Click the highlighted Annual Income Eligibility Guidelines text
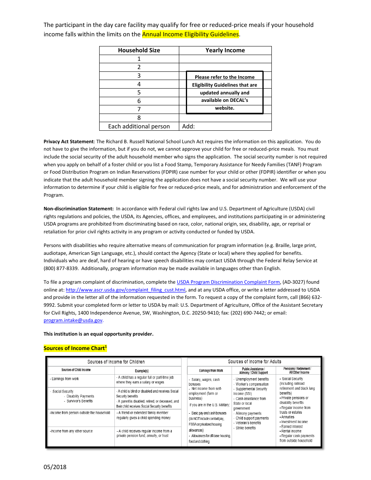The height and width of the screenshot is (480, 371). (x=190, y=34)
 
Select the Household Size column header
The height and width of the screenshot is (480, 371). (x=139, y=50)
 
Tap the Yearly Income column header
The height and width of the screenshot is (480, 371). (x=225, y=50)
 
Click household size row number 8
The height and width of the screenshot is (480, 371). (x=139, y=118)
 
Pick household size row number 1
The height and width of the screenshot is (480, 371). (x=139, y=59)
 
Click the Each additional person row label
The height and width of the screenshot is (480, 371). (x=139, y=126)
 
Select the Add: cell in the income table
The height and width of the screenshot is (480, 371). (x=189, y=126)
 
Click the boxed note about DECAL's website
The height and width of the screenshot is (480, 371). (x=225, y=92)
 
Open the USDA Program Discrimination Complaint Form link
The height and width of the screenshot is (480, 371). (x=228, y=282)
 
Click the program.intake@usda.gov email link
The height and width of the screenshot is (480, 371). (x=73, y=320)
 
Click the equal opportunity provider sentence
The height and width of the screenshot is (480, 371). (x=98, y=334)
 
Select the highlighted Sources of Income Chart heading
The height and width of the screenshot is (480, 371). (x=75, y=348)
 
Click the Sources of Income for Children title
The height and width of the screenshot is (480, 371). (x=116, y=362)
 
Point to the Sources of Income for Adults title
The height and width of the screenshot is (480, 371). (x=254, y=362)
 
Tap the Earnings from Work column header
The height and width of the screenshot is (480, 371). (x=211, y=370)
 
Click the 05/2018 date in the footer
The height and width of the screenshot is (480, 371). (x=55, y=467)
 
